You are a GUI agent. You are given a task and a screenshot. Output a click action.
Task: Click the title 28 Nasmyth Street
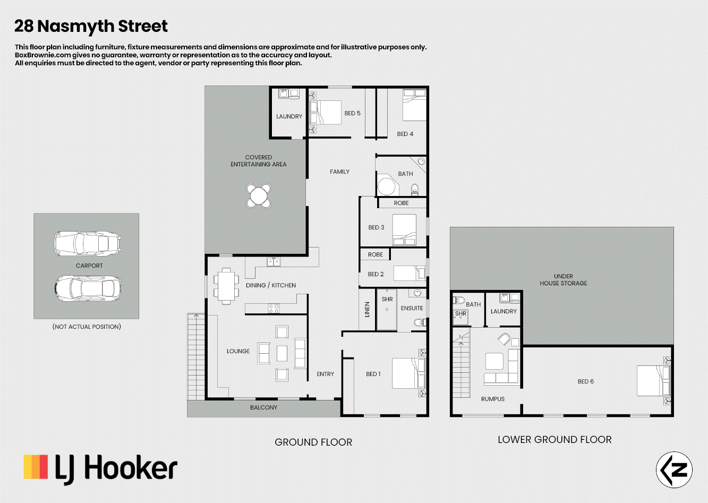point(91,26)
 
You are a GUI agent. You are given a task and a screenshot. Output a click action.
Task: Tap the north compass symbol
point(674,470)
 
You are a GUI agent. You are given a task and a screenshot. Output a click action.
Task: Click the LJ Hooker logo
point(100,469)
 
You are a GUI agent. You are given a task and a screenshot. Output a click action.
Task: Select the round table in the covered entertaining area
point(258,195)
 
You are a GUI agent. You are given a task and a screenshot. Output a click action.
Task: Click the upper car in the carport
point(87,243)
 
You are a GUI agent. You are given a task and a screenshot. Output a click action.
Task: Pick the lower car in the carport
point(88,288)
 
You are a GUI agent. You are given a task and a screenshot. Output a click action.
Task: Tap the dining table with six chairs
point(226,286)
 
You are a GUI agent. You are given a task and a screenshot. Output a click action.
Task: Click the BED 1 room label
point(373,374)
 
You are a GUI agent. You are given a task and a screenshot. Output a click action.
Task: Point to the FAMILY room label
point(339,172)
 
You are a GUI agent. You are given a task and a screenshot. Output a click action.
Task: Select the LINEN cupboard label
point(367,309)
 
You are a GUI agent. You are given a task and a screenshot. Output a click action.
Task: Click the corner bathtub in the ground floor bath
point(388,184)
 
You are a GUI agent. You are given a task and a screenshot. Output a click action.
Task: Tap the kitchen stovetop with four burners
point(274,308)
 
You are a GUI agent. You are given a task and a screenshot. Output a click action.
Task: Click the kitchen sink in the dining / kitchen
point(274,262)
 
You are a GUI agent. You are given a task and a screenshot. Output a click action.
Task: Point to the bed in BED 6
point(653,381)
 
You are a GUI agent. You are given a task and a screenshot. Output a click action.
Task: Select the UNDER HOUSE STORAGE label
point(563,280)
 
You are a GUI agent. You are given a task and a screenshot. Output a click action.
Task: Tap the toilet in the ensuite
point(420,322)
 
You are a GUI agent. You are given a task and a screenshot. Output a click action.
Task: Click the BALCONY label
point(263,407)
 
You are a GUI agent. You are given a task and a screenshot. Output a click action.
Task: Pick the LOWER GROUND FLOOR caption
point(555,439)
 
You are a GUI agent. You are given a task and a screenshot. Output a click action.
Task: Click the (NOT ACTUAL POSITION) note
point(87,327)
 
